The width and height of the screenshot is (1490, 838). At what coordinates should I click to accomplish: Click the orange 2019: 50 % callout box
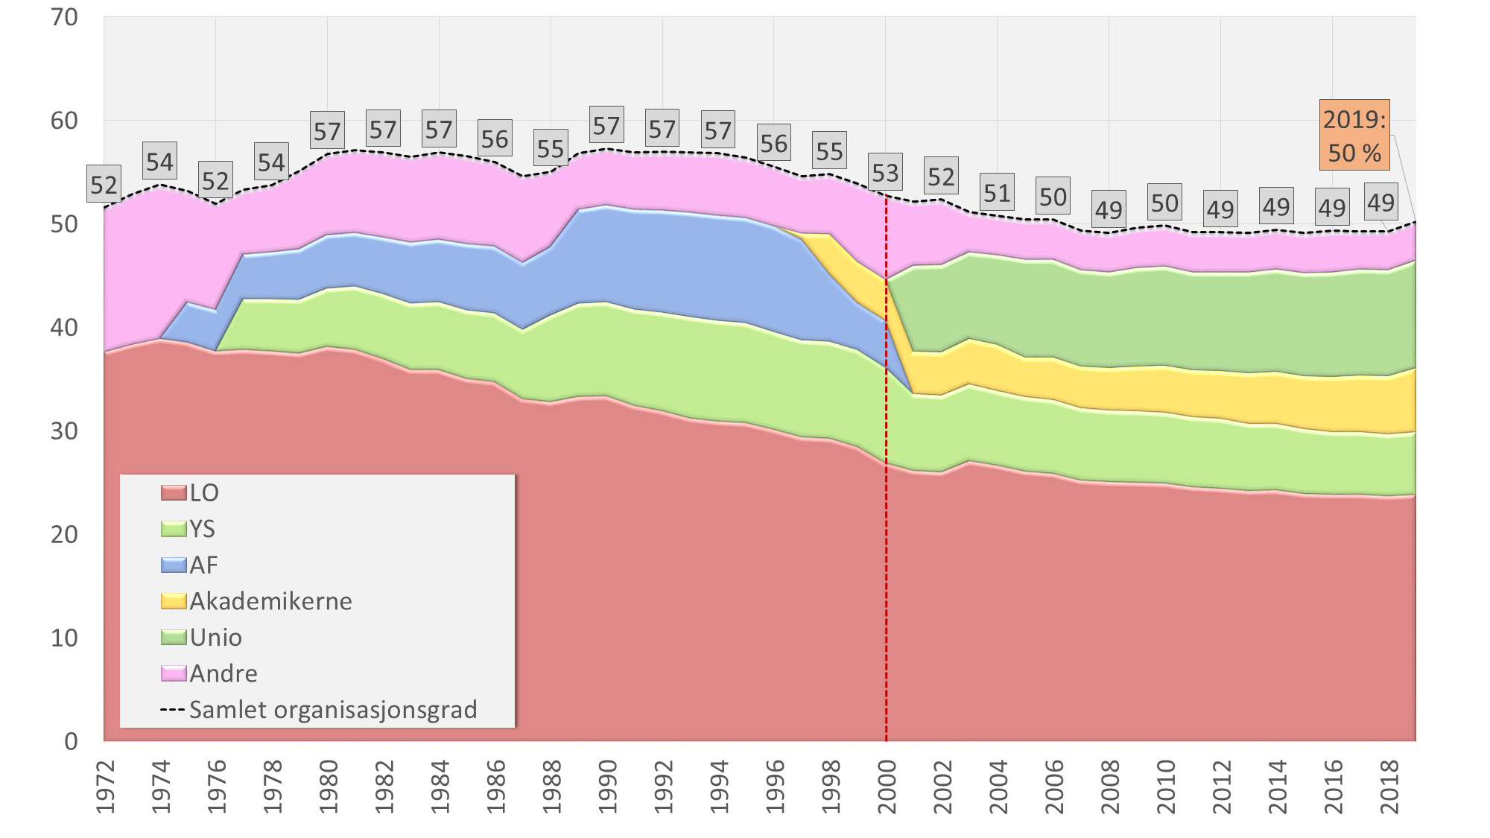pos(1354,135)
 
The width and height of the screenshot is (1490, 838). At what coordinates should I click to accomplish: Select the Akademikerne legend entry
pos(257,601)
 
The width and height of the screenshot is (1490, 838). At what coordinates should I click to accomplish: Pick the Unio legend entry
pos(202,638)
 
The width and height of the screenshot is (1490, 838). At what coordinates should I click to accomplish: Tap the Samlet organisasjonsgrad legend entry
pos(319,710)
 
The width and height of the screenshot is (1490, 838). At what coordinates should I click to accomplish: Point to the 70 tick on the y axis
pos(65,17)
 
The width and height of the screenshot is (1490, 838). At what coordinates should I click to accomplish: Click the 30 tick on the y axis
pos(65,431)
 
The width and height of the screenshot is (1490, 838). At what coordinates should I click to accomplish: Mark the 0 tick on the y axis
pos(71,741)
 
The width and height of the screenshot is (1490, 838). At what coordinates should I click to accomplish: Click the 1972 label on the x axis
pos(105,787)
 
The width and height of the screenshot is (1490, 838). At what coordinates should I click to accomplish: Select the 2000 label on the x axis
pos(887,787)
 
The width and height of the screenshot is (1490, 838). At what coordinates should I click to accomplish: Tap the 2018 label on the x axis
pos(1389,787)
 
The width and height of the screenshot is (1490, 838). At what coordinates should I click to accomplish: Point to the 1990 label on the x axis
pos(607,787)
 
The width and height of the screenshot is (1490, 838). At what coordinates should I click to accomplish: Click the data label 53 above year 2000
pos(885,173)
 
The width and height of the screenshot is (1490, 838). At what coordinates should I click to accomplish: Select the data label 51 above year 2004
pos(997,194)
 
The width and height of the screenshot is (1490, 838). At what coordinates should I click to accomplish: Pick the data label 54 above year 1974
pos(159,162)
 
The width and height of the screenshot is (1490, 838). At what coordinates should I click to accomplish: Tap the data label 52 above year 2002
pos(941,177)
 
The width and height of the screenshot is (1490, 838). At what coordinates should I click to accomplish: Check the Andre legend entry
pos(209,673)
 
